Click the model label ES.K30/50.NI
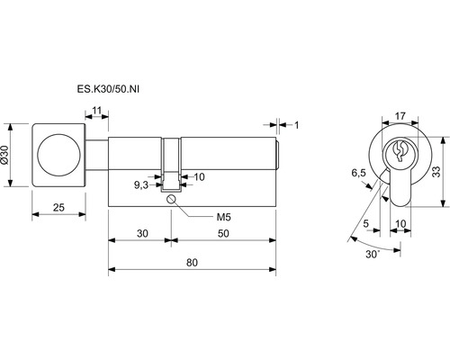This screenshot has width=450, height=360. click(x=108, y=89)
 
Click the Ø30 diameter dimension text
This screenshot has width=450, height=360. click(x=4, y=155)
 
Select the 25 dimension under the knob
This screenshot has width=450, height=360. click(x=58, y=207)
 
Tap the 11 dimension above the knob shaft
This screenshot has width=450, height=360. click(x=97, y=111)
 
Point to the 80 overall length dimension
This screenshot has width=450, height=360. click(x=192, y=263)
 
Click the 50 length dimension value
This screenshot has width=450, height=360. click(x=223, y=233)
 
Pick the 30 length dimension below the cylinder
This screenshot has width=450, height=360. click(x=142, y=233)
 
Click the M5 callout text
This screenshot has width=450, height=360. click(x=224, y=217)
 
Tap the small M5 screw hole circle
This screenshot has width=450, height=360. click(x=171, y=199)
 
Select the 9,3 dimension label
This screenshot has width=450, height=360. click(x=141, y=185)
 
